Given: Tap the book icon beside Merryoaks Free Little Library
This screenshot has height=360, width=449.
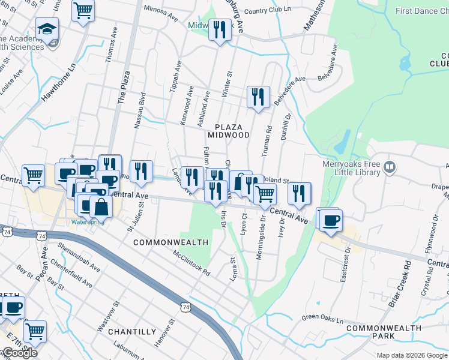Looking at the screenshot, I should pyautogui.click(x=390, y=167).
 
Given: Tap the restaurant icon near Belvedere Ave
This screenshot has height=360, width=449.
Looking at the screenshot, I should pyautogui.click(x=258, y=97).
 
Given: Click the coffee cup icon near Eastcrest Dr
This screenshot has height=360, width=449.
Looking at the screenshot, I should pyautogui.click(x=330, y=220).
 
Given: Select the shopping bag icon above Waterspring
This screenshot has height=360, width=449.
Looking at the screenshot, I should pyautogui.click(x=101, y=206).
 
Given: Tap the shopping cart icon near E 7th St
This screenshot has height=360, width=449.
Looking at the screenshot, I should pyautogui.click(x=35, y=330).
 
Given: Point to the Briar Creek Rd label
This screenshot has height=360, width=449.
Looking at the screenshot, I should pyautogui.click(x=399, y=284).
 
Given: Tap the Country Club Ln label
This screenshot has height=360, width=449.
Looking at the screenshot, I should pyautogui.click(x=268, y=11).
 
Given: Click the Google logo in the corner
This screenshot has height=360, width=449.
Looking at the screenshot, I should pyautogui.click(x=19, y=353).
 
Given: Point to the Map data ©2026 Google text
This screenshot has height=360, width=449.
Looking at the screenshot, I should pyautogui.click(x=412, y=355).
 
